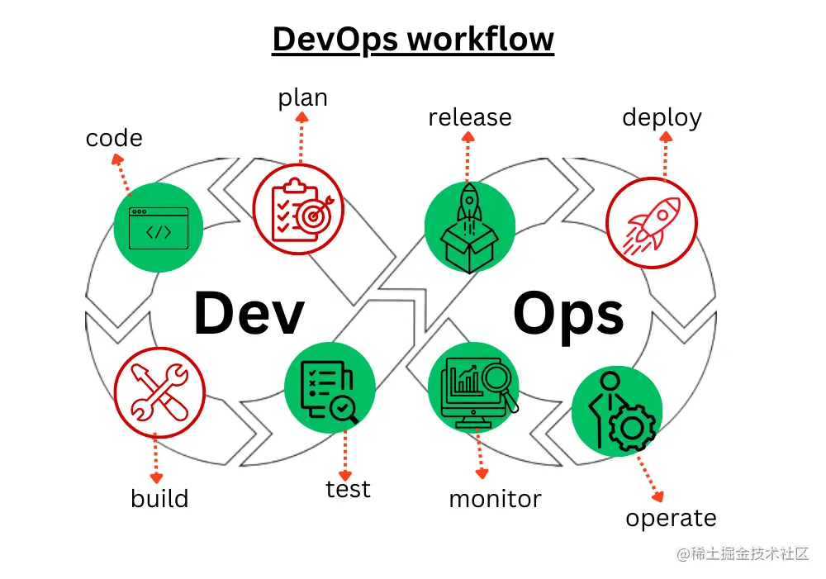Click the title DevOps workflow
(413, 39)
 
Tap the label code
(114, 138)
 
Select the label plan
(302, 98)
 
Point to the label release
(469, 117)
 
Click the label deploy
(662, 117)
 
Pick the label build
(159, 499)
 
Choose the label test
(348, 489)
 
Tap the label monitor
(495, 499)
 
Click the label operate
(671, 519)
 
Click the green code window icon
(159, 227)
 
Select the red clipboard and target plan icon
(297, 206)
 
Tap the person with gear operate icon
(617, 411)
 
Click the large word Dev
(249, 314)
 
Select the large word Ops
(568, 314)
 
